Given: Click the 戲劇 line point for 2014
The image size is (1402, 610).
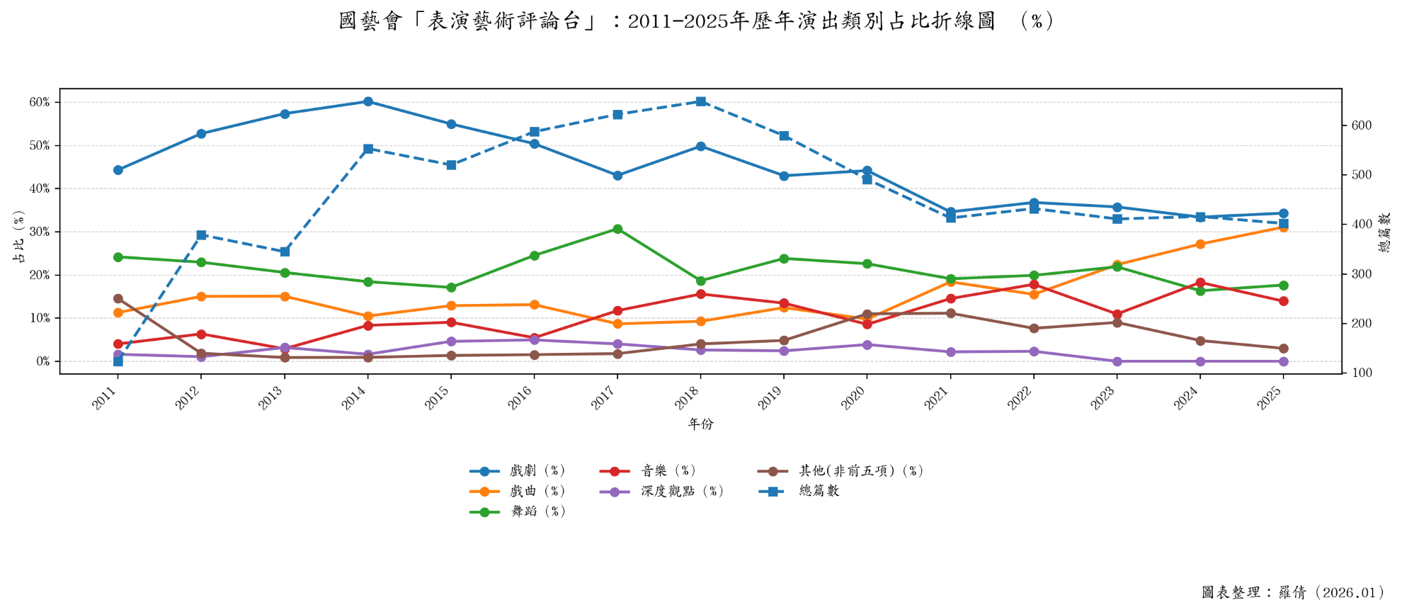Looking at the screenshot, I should pos(368,101).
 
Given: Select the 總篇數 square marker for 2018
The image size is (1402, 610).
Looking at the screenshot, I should pos(701,101).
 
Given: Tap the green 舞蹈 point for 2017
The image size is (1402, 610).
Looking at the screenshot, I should pos(617,229).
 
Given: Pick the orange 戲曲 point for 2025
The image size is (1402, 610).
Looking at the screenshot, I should pos(1283,227).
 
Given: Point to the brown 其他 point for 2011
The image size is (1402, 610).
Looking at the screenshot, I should pos(118,299).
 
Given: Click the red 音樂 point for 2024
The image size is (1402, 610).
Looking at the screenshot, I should pos(1200,283).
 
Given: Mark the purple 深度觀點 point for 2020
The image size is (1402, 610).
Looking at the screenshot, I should pos(867,345).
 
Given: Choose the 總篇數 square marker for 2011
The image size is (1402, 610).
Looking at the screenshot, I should pos(118,361).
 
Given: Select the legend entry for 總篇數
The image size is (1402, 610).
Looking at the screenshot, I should pos(819,491).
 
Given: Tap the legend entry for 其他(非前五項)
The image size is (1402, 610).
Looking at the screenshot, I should pos(860,470).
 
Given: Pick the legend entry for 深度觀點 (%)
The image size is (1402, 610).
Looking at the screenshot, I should pos(682,491).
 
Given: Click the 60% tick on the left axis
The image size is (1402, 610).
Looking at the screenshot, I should pos(40,102).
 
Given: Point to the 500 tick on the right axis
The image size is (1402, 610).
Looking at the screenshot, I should pos(1361,175).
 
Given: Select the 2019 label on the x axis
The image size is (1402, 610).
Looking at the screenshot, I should pos(770,399).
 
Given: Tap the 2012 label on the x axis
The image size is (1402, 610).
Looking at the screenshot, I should pos(187,399).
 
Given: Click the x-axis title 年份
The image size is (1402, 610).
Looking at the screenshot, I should pos(701,424).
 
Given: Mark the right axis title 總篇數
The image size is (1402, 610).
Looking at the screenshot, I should pos(1384,232).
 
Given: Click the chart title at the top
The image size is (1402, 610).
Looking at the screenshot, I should pos(697,21).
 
